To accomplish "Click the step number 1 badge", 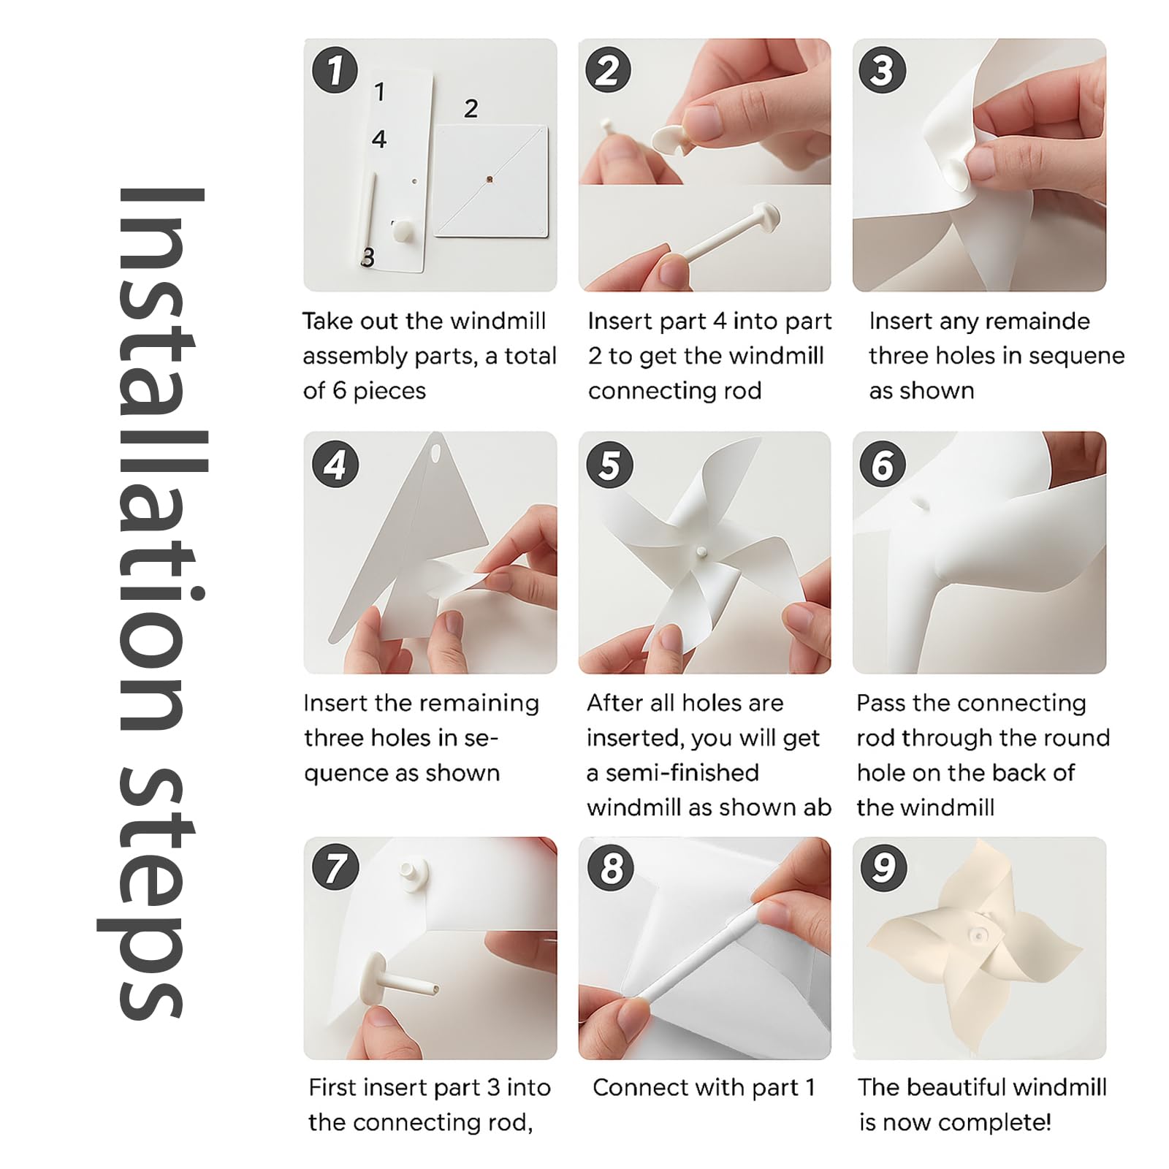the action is [335, 71].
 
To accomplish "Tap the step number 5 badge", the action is [610, 465].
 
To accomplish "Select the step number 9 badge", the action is [883, 868].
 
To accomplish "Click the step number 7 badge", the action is [335, 868].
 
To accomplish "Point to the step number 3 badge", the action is [883, 71].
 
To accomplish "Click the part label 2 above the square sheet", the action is [471, 109].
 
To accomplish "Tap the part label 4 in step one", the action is [378, 139].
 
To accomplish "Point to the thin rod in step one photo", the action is [370, 217].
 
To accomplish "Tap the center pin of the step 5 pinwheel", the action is [701, 552].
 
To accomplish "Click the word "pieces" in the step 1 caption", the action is [389, 392].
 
